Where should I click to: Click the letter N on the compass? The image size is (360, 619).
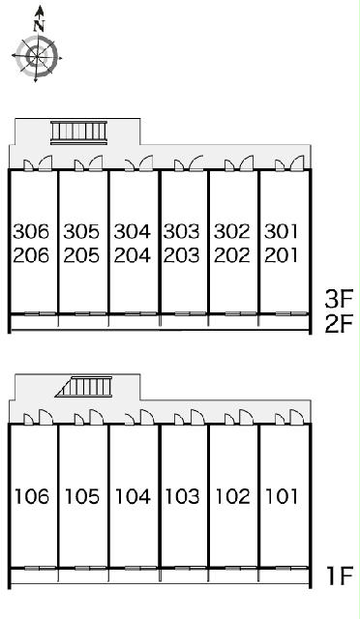(x=39, y=26)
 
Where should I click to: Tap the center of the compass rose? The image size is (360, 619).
(x=37, y=57)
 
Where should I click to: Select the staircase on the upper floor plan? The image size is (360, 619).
(x=79, y=133)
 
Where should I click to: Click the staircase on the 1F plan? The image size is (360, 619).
(x=84, y=387)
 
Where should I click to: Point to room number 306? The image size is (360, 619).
(x=31, y=232)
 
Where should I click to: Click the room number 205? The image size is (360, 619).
(x=81, y=255)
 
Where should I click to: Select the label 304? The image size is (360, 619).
(x=133, y=232)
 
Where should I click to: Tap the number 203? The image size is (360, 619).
(x=182, y=255)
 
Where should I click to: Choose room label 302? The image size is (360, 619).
(x=232, y=232)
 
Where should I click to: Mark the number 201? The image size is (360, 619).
(x=281, y=255)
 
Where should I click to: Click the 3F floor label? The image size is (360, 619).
(x=339, y=299)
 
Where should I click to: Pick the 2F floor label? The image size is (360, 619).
(x=339, y=324)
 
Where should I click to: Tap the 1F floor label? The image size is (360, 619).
(x=340, y=576)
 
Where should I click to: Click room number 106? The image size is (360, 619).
(x=32, y=496)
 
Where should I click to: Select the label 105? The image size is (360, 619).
(x=82, y=496)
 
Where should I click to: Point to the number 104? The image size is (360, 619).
(x=133, y=496)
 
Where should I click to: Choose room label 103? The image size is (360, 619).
(x=182, y=496)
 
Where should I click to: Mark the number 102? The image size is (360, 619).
(x=233, y=496)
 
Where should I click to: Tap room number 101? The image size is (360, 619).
(x=282, y=496)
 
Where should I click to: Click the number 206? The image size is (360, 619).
(x=31, y=255)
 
